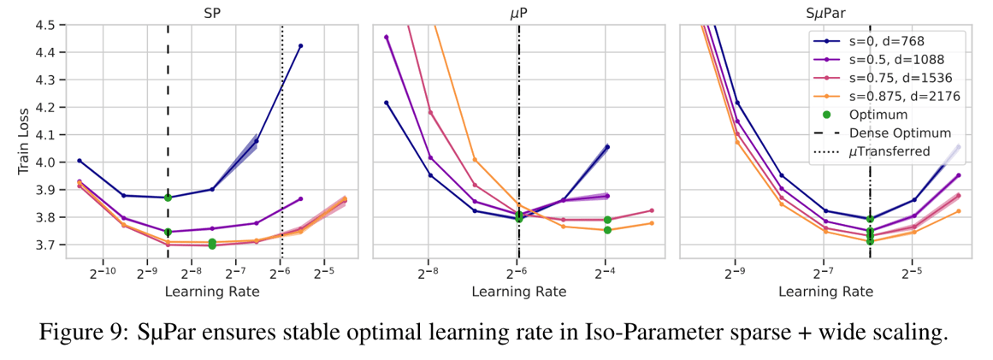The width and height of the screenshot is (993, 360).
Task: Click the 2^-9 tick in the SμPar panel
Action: [734, 273]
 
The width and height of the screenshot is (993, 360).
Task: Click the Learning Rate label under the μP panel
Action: [518, 292]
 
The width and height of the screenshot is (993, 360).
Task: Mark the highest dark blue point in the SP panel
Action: [300, 46]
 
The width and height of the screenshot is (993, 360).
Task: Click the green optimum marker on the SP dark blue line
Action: [168, 198]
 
